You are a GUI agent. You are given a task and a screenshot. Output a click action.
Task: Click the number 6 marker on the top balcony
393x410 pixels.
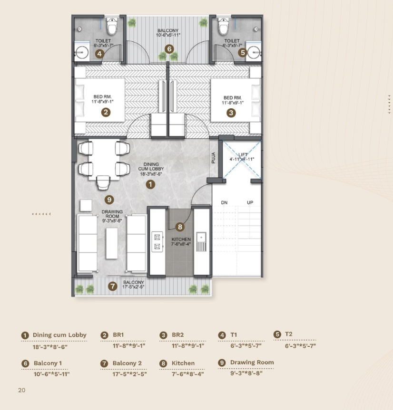pos(169,48)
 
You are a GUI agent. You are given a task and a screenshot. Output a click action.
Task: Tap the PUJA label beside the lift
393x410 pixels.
pos(214,157)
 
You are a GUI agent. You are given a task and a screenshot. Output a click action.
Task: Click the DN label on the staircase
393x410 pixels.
pos(224,203)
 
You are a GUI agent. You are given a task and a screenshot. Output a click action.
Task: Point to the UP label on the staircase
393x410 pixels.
pos(250,203)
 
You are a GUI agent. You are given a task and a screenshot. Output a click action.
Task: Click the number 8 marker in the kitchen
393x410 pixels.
pos(179,227)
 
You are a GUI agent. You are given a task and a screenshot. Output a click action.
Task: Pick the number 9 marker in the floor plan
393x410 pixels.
pos(109,200)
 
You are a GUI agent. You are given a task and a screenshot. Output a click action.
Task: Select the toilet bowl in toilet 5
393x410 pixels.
pos(224,27)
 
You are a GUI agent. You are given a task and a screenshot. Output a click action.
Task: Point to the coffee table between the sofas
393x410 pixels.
pos(112,243)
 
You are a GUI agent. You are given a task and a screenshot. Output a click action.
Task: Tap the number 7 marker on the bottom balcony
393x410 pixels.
pos(112,286)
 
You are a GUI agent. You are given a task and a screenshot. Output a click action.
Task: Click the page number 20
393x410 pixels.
pos(21,390)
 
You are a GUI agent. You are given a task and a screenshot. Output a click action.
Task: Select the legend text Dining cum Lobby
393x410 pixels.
pos(59,335)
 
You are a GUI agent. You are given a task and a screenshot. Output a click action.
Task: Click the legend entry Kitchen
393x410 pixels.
pos(183,363)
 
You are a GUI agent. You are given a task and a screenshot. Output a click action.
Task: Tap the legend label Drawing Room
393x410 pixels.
pos(252,362)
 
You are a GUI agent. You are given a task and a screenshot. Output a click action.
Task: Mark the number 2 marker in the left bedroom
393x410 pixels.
pos(106,113)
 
